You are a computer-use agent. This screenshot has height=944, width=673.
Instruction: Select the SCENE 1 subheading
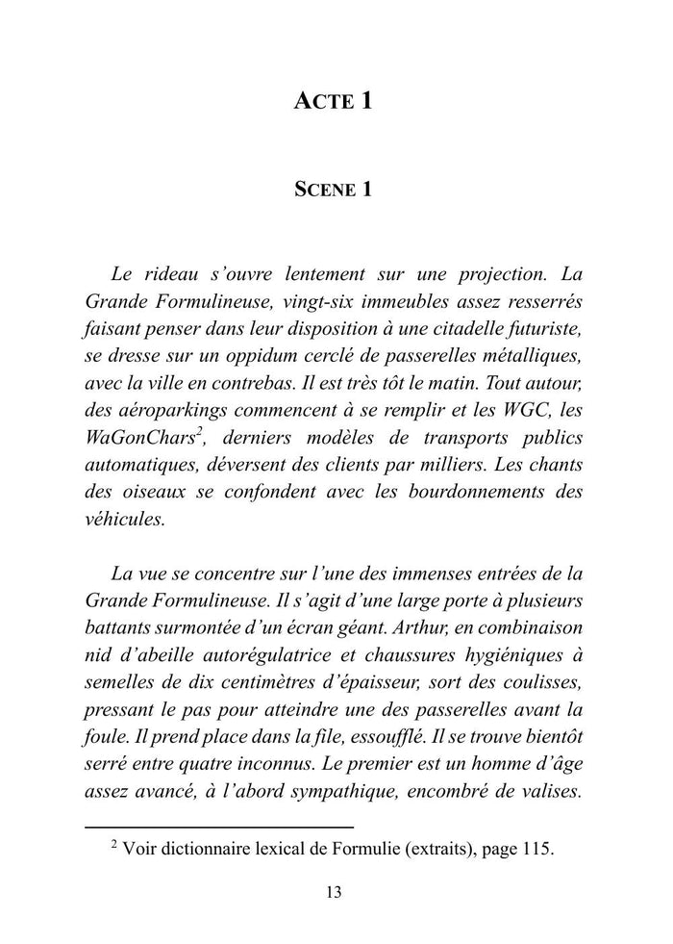pos(334,190)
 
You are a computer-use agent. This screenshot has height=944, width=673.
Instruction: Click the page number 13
pos(334,892)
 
